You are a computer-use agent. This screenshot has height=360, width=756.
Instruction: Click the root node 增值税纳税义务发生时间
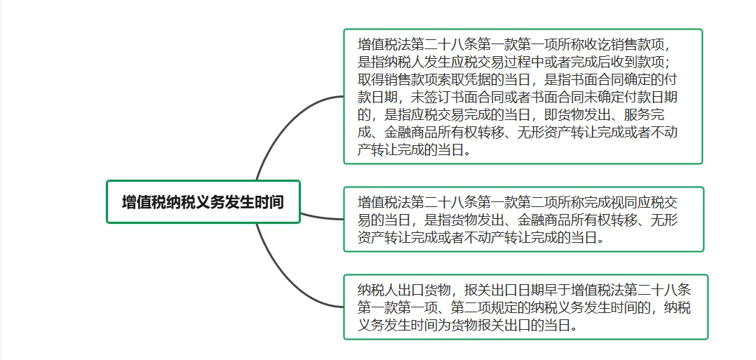(x=203, y=202)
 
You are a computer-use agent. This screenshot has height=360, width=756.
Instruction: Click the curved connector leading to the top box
(x=281, y=126)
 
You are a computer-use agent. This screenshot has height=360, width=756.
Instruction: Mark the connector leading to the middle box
(x=323, y=216)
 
